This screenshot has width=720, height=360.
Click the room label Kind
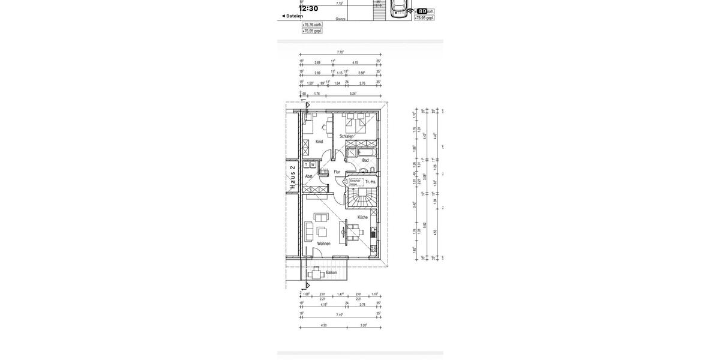pos(319,142)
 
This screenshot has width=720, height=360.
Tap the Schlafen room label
pos(346,137)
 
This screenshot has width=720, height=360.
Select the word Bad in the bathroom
pos(365,160)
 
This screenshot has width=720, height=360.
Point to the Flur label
pos(337,172)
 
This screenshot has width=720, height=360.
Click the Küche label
pos(362,217)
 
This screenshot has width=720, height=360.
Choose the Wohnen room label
pos(324,244)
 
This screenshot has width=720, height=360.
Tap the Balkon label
pos(331,272)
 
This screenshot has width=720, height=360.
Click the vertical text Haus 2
pos(293,178)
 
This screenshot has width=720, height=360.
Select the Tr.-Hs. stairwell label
pos(371,181)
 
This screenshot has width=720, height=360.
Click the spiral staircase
pos(361,197)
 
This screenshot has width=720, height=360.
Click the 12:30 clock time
pos(308,8)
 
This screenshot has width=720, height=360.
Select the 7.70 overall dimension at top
pos(340,52)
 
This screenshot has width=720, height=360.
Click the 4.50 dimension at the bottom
pos(324,325)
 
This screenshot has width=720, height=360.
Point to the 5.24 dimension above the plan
pos(353,94)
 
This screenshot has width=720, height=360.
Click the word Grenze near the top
pos(341,19)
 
